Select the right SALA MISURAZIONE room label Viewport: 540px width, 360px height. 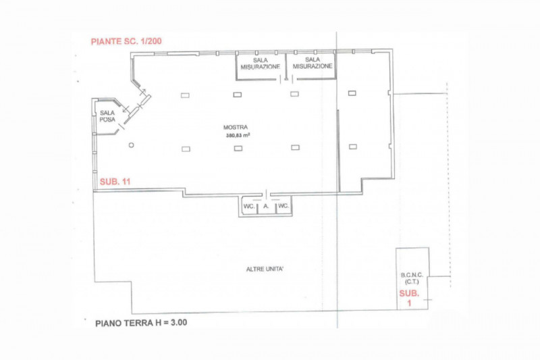click(313, 63)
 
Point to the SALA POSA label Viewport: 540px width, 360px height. click(107, 116)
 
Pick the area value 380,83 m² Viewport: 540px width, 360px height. click(237, 136)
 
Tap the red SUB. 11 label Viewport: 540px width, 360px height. click(115, 182)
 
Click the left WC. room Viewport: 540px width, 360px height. click(249, 206)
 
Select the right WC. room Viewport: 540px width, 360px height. click(283, 206)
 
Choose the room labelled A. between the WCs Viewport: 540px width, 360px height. click(267, 206)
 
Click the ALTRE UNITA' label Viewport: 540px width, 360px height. click(265, 269)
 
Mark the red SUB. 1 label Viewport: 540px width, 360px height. click(409, 298)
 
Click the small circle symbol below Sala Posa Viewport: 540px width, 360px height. click(131, 145)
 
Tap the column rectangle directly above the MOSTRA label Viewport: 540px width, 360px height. click(238, 95)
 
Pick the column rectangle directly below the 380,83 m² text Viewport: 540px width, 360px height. click(238, 148)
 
